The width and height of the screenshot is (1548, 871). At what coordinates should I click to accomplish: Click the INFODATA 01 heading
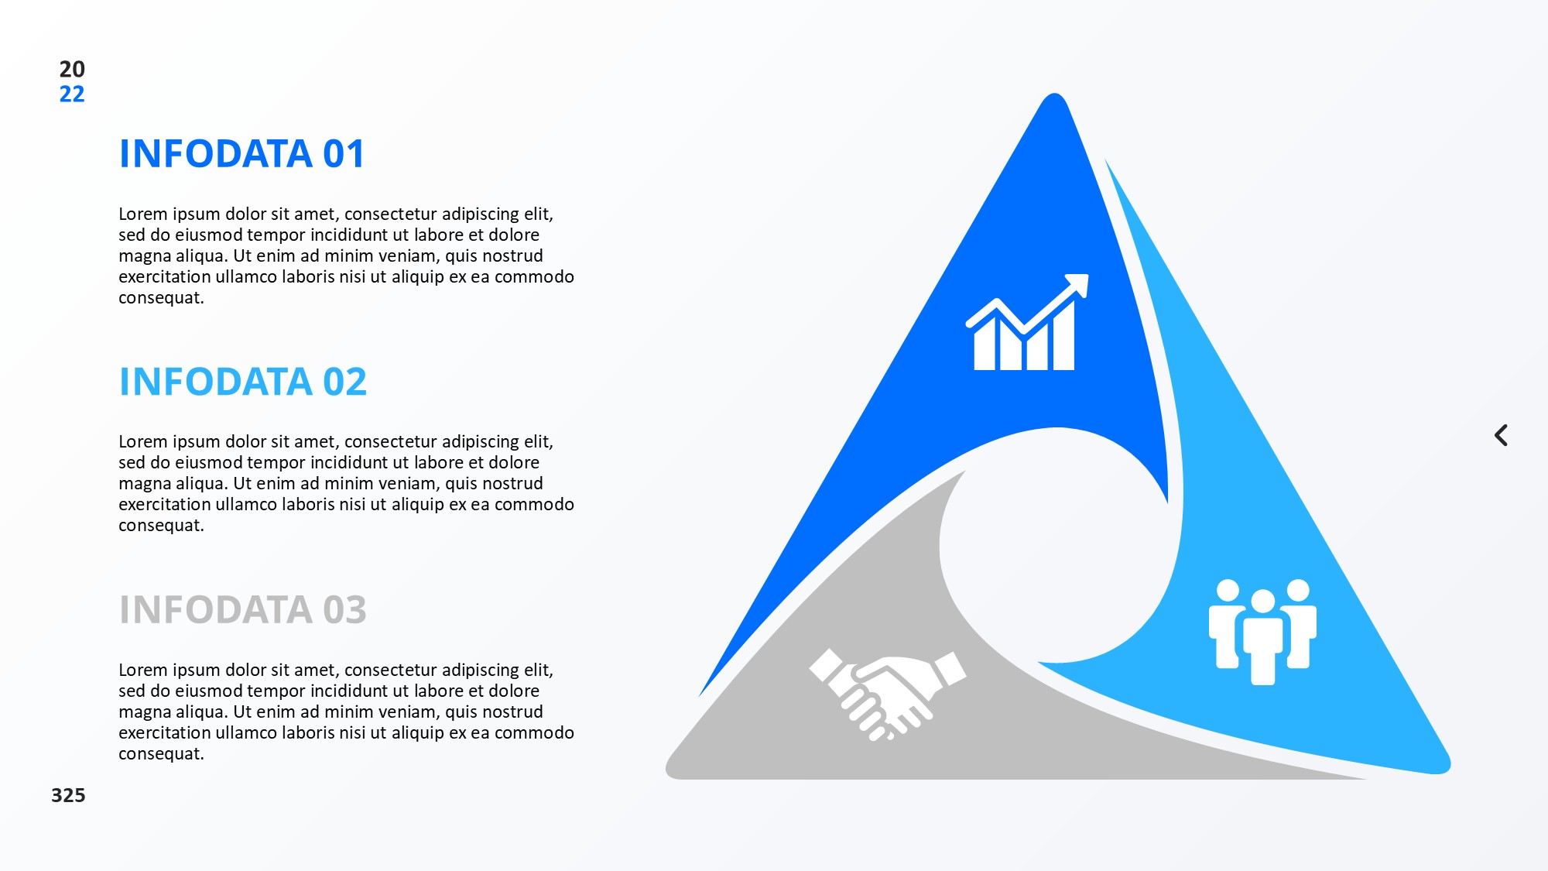(241, 153)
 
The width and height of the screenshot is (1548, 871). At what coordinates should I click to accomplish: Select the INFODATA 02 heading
(243, 382)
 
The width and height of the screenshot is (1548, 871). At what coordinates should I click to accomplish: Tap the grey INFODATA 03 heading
(243, 609)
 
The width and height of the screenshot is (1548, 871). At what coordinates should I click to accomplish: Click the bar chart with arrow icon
(1027, 322)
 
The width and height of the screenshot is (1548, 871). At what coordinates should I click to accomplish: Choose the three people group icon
(1262, 632)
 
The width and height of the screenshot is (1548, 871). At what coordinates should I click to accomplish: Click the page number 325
(68, 795)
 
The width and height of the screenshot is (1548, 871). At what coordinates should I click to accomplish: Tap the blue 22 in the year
(72, 94)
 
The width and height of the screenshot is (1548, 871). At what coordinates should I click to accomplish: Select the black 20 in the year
(72, 69)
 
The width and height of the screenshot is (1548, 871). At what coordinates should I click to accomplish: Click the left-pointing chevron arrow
(1500, 435)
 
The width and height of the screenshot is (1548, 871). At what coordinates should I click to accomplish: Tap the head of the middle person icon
(1262, 601)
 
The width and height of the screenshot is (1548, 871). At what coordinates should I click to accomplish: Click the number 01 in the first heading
(344, 153)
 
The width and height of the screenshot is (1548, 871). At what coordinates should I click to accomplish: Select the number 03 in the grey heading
(344, 609)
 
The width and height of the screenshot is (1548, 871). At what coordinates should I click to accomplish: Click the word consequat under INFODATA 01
(161, 298)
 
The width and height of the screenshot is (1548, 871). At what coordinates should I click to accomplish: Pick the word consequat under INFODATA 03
(161, 754)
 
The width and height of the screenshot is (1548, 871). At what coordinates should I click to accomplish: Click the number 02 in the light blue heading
(344, 382)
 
